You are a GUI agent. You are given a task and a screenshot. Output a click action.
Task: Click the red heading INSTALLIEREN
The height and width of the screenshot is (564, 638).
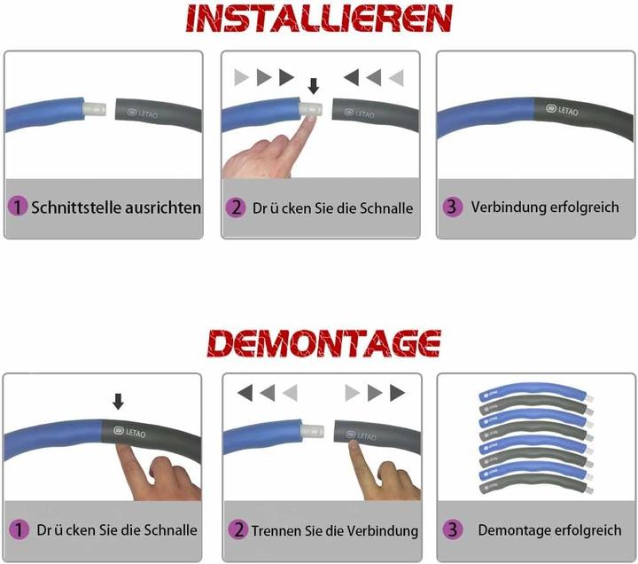coord(319,19)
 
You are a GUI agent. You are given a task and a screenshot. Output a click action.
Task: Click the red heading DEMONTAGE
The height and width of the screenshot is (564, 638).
coord(319,341)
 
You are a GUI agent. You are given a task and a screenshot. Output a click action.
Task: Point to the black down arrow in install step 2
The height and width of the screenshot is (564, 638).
coord(311,86)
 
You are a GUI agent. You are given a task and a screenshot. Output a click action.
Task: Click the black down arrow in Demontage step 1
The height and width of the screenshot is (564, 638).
coord(119,402)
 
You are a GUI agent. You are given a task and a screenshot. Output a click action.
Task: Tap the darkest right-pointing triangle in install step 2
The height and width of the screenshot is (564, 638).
coord(284,77)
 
